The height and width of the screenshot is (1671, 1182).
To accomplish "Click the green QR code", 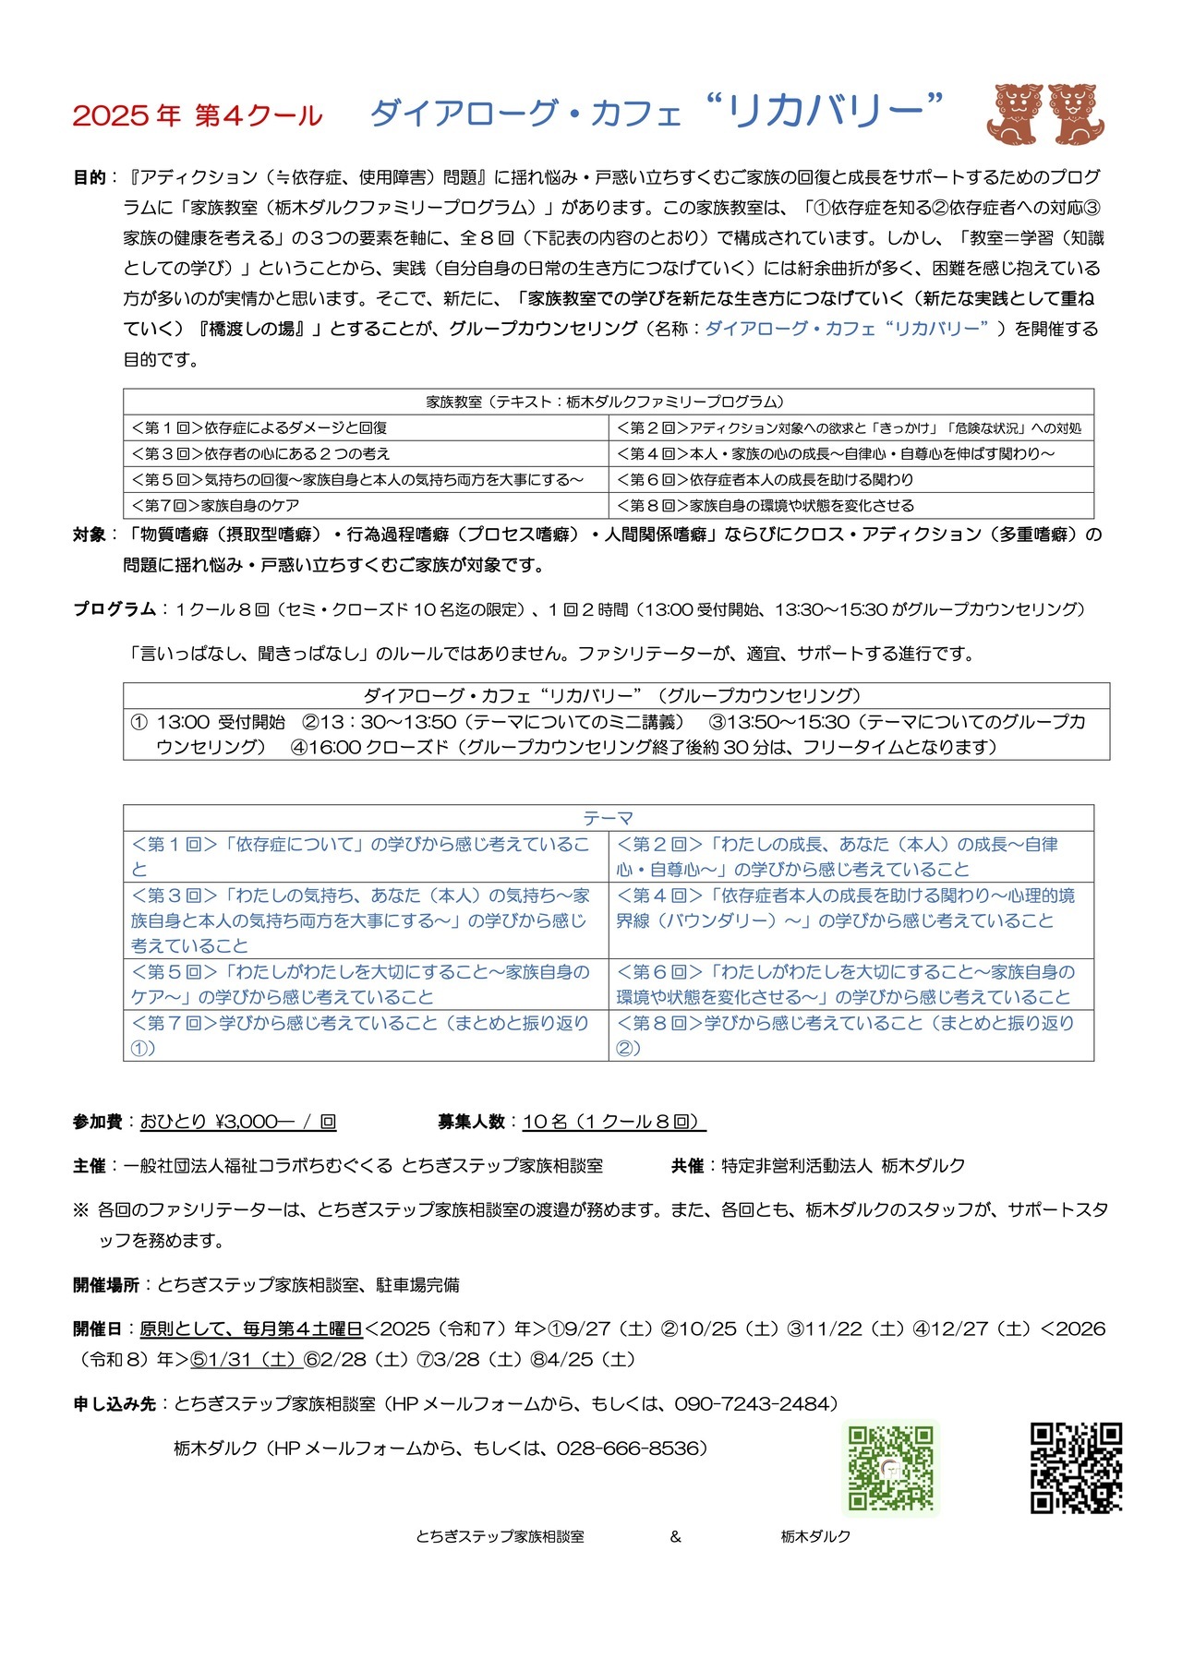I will click(891, 1468).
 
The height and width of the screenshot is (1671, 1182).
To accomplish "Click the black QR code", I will click(1076, 1468).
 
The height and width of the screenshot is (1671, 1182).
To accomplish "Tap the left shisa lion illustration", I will click(1014, 114).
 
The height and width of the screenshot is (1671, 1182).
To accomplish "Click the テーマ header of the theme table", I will click(608, 818).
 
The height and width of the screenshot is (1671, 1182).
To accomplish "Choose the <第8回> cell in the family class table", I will click(850, 505).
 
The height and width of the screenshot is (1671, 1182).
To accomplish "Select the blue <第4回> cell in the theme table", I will click(850, 908).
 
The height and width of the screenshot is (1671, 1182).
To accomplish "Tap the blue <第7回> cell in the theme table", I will click(366, 1035).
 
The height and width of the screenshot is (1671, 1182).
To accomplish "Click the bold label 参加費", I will click(97, 1122).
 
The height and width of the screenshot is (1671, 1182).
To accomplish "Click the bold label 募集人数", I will click(471, 1122).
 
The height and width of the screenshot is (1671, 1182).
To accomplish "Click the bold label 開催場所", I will click(105, 1284).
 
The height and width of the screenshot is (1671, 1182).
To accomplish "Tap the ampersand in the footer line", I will click(676, 1536).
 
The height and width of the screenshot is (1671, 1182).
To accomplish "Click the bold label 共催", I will click(688, 1166).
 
